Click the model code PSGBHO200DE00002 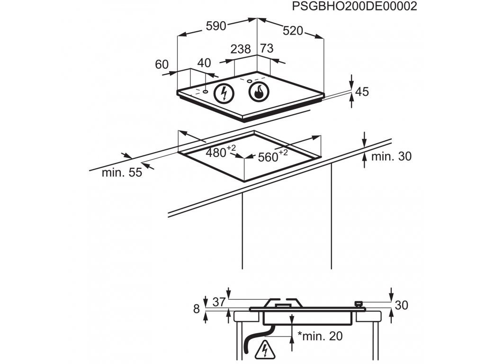click(x=355, y=7)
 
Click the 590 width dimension click(x=216, y=26)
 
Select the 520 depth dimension click(x=293, y=31)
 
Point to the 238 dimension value click(x=241, y=49)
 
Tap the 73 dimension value click(x=267, y=48)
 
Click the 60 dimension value click(x=162, y=64)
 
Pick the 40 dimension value click(x=204, y=63)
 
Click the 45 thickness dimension click(x=362, y=91)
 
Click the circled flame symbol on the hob click(x=259, y=92)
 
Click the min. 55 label click(x=122, y=173)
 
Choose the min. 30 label click(x=391, y=156)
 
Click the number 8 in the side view click(x=197, y=309)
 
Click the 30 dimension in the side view click(x=401, y=306)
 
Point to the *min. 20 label click(x=320, y=336)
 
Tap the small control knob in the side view click(x=359, y=303)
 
